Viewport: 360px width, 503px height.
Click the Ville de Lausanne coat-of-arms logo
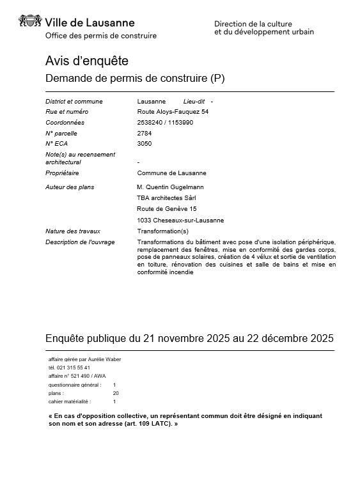point(31,24)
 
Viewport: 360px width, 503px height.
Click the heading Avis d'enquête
point(87,61)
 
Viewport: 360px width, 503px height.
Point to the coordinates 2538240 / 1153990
point(165,123)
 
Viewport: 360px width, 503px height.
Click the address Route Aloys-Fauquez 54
point(173,112)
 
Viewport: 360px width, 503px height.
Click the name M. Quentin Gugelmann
point(171,187)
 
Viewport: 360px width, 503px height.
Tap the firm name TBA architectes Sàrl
point(168,197)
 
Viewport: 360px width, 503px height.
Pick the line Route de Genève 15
point(166,209)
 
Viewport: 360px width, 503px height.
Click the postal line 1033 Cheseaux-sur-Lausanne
point(180,221)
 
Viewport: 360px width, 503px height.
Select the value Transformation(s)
point(163,231)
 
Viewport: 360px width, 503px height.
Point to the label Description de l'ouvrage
point(77,242)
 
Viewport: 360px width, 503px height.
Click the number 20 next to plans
point(116,393)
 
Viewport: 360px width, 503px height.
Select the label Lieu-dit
point(194,102)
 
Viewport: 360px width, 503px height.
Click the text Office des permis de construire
point(101,36)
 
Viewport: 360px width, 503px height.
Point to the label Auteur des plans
point(70,187)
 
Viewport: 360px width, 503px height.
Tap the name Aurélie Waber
point(104,359)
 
